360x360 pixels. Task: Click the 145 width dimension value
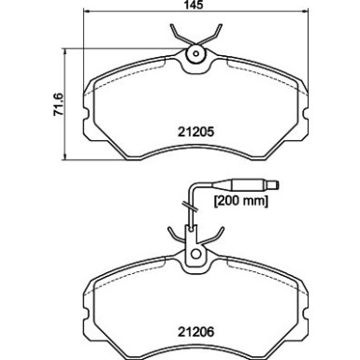[x=194, y=5]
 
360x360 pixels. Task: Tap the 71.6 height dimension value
[x=59, y=105]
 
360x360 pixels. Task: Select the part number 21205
[x=196, y=132]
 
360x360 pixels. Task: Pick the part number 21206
[x=196, y=332]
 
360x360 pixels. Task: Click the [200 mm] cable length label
[x=241, y=200]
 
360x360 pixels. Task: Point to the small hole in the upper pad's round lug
[x=196, y=54]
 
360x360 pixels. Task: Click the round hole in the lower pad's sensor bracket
[x=195, y=253]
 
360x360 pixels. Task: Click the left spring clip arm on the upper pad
[x=179, y=34]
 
